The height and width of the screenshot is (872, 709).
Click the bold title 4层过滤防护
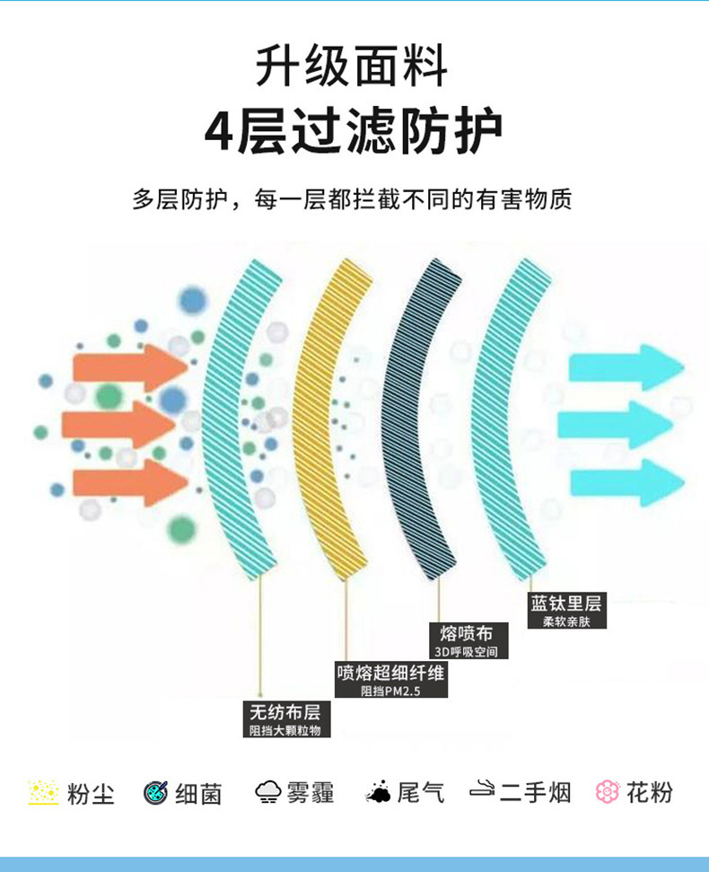coord(354,131)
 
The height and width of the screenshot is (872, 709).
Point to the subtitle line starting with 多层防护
coord(352,199)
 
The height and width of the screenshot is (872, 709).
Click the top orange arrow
coord(130,367)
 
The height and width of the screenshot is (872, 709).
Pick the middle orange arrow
coord(118,424)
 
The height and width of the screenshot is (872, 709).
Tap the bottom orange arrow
coord(130,482)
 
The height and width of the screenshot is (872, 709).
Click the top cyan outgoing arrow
coord(626,367)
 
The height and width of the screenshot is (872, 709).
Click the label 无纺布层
coord(285,712)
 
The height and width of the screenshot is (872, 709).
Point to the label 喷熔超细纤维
coord(390,673)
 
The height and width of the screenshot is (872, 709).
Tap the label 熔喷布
coord(466,633)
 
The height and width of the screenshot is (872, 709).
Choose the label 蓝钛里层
coord(565,603)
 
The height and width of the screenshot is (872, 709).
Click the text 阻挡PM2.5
coord(390,691)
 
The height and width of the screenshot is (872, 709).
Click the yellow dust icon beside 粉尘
coord(43,792)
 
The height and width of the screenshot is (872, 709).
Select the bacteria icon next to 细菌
coord(155,792)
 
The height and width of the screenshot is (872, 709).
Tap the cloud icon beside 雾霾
coord(267,791)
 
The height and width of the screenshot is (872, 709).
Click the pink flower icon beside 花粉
coord(608,791)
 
